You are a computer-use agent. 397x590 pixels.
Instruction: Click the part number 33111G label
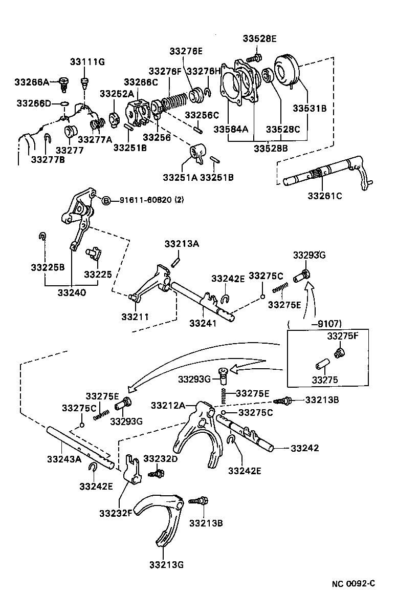(x=87, y=62)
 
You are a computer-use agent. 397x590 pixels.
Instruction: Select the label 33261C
(x=324, y=195)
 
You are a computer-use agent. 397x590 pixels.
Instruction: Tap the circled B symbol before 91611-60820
(x=106, y=200)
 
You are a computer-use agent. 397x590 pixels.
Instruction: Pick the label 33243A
(x=64, y=459)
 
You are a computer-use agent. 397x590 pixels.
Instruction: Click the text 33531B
(x=310, y=109)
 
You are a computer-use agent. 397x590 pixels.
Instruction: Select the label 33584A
(x=231, y=130)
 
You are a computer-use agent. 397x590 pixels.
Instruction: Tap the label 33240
(x=72, y=293)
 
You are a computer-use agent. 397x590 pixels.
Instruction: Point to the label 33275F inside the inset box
(x=344, y=336)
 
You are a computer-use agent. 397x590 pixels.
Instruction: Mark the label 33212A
(x=168, y=406)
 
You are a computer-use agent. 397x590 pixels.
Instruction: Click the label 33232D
(x=160, y=458)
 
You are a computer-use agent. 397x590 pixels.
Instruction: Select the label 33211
(x=135, y=317)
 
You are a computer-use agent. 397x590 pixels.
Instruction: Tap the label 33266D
(x=34, y=103)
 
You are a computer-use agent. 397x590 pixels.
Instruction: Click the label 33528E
(x=259, y=38)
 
